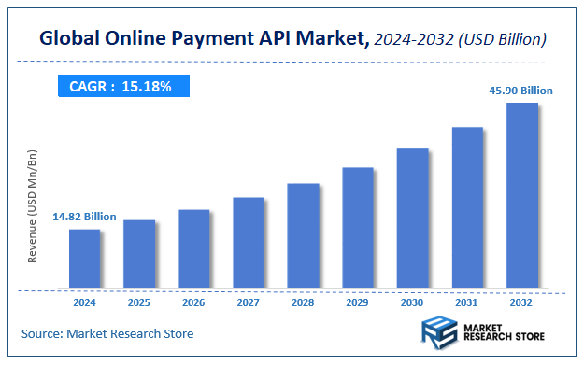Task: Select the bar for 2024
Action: coord(85,259)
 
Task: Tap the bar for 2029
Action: coord(358,228)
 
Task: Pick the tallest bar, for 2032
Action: coord(521,195)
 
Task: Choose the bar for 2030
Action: coord(412,218)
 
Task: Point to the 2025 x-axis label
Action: coord(139,302)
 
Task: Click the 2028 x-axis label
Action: coord(303,302)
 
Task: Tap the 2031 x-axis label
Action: coord(467,302)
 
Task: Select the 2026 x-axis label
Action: coord(193,302)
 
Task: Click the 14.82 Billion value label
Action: coord(84,217)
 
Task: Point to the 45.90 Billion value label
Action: coord(521,91)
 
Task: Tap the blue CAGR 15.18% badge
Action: coord(121,87)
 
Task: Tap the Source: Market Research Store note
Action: coord(107,333)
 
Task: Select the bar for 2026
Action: coord(193,249)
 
